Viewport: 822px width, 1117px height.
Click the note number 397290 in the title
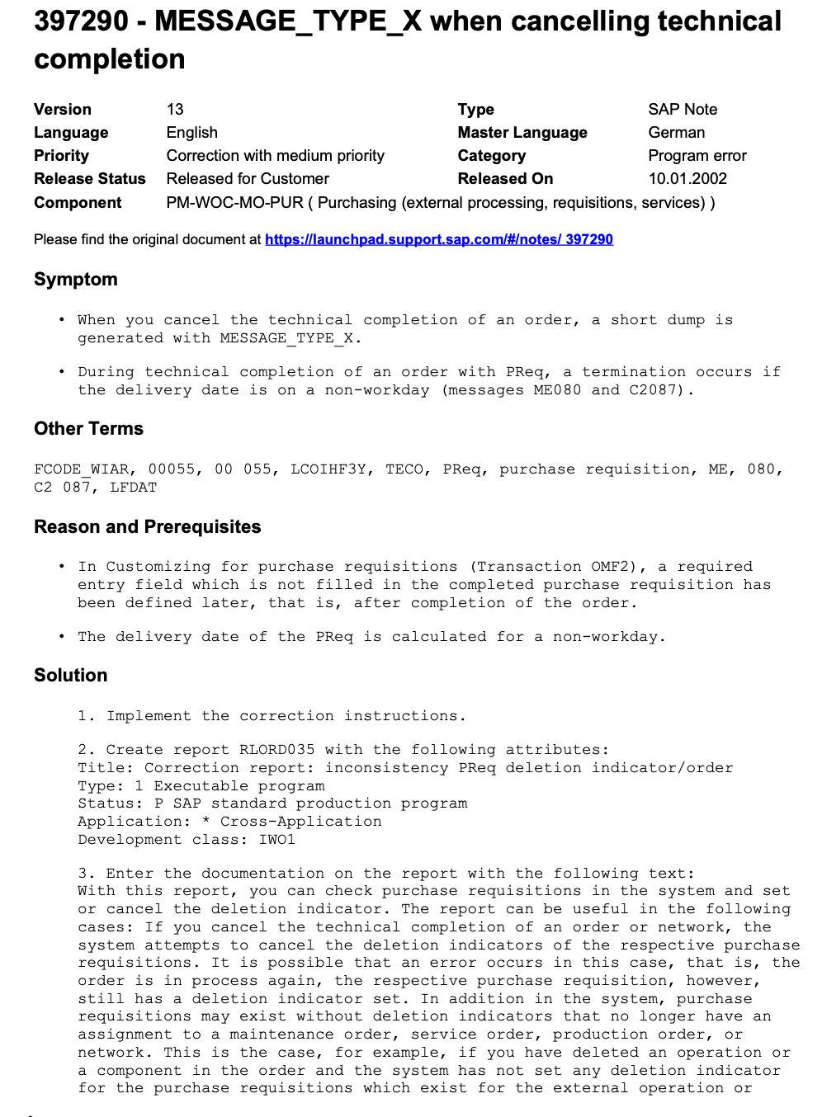click(81, 21)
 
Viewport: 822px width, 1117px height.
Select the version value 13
click(175, 110)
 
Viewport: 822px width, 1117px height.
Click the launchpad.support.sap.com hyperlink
click(438, 239)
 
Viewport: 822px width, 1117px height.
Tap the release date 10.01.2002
click(687, 179)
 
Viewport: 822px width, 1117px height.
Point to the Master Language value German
click(676, 133)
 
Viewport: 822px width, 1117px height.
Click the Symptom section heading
click(76, 280)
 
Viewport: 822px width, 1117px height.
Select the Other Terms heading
click(88, 429)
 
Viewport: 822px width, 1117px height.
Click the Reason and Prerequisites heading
click(147, 527)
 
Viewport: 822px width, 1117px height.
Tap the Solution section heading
click(70, 676)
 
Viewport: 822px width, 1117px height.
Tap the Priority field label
click(61, 156)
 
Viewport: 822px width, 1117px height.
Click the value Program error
click(697, 156)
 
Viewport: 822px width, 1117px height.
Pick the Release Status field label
click(89, 179)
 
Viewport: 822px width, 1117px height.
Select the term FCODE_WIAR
click(82, 469)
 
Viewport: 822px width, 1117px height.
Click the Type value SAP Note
click(683, 110)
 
